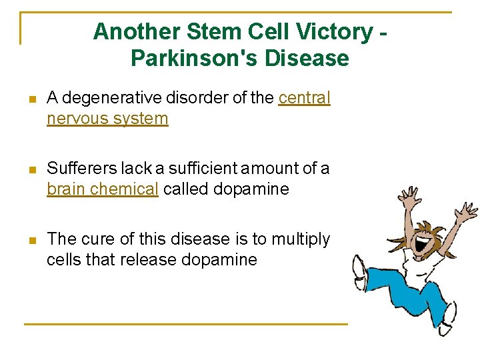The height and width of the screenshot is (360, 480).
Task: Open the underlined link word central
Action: click(304, 98)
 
